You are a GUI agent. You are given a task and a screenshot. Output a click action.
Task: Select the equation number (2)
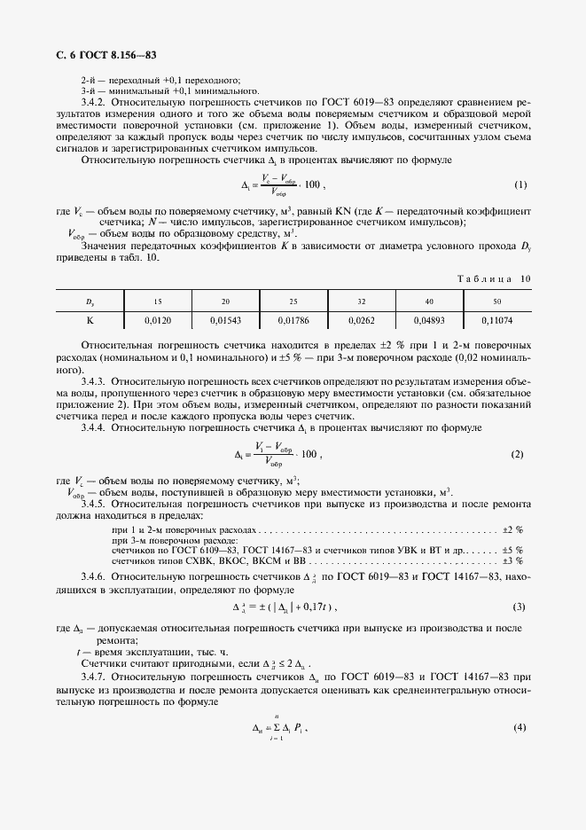518,455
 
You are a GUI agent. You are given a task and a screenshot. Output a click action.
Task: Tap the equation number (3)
520,607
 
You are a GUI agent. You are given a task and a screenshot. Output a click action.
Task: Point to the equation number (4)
520,728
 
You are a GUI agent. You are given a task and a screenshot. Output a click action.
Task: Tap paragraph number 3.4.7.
94,676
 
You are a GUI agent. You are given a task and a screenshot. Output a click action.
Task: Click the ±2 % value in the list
512,529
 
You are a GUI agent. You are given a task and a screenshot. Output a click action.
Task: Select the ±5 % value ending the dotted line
512,550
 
